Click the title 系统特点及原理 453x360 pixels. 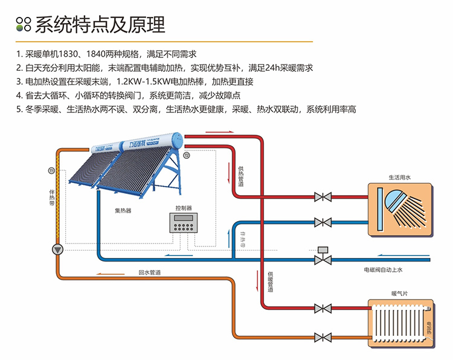pos(100,25)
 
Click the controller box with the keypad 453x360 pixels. pos(184,223)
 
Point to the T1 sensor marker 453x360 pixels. pos(51,171)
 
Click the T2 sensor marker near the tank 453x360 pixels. pos(187,156)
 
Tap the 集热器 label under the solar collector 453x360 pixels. pos(123,211)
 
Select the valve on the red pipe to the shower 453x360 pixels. pos(323,197)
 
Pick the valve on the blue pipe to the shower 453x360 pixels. pos(323,222)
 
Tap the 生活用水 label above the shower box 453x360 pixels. pos(399,178)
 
